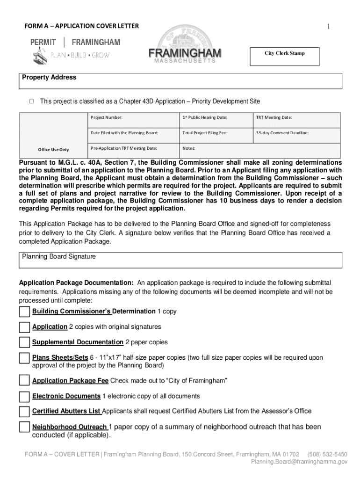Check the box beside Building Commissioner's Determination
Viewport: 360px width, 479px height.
(x=24, y=312)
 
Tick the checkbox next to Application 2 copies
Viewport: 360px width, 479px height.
(x=24, y=327)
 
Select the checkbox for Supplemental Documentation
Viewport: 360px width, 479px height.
(x=24, y=343)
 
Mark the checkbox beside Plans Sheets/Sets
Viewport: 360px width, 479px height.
(x=24, y=358)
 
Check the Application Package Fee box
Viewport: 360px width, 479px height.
(x=24, y=382)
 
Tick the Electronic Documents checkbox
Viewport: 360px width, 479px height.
(x=24, y=397)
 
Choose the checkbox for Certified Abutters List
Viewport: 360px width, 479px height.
(x=24, y=412)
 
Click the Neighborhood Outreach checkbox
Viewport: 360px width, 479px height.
(x=24, y=428)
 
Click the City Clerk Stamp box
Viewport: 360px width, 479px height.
(x=284, y=56)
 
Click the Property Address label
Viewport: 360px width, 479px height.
(x=49, y=78)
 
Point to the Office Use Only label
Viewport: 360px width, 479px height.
(x=53, y=150)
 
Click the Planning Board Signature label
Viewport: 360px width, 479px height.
(x=59, y=257)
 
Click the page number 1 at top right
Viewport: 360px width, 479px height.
(x=329, y=26)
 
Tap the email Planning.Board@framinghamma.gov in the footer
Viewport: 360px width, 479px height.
(x=299, y=462)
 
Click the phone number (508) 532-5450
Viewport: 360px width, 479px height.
(x=327, y=454)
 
